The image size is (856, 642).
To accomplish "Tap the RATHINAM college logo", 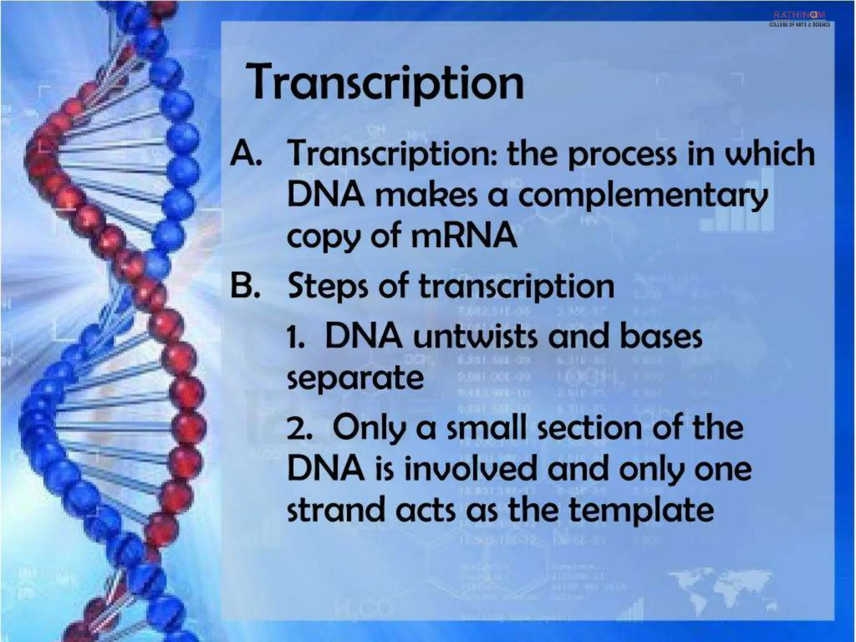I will pyautogui.click(x=799, y=19).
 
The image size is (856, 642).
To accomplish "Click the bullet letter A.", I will pyautogui.click(x=246, y=153).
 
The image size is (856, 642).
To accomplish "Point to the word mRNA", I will pyautogui.click(x=464, y=235).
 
